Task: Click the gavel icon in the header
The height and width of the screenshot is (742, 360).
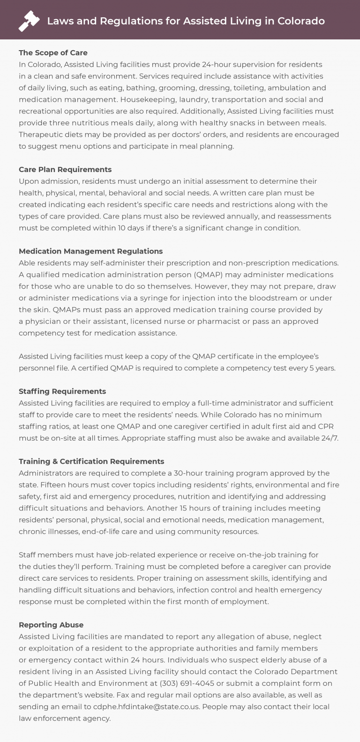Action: [29, 21]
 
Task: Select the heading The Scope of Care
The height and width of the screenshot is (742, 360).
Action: [53, 52]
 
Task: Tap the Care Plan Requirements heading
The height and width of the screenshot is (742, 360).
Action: [65, 169]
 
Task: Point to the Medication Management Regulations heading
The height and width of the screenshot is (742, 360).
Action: [91, 251]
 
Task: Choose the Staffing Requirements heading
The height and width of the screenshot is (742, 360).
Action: [62, 391]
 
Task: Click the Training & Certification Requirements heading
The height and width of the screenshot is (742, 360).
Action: [91, 462]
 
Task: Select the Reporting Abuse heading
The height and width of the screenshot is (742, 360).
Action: [51, 625]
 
